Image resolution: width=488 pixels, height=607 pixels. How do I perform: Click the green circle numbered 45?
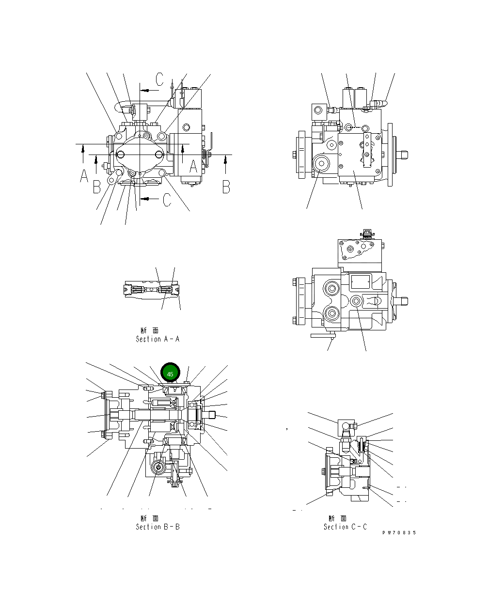pyautogui.click(x=170, y=374)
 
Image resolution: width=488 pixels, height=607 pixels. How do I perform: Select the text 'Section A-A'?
pyautogui.click(x=157, y=339)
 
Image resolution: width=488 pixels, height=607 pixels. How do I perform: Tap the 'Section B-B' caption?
pyautogui.click(x=157, y=527)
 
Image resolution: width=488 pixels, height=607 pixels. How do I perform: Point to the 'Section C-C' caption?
pyautogui.click(x=345, y=527)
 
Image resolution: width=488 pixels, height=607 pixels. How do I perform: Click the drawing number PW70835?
pyautogui.click(x=398, y=533)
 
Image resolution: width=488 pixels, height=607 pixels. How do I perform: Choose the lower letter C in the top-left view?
pyautogui.click(x=167, y=200)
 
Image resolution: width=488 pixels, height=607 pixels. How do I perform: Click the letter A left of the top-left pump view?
pyautogui.click(x=84, y=176)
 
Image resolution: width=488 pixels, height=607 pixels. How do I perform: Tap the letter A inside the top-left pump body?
pyautogui.click(x=193, y=167)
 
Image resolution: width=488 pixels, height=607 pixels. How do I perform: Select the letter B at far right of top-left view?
pyautogui.click(x=226, y=187)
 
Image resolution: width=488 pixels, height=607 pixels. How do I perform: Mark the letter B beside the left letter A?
pyautogui.click(x=97, y=187)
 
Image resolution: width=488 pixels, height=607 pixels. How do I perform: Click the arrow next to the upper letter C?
pyautogui.click(x=150, y=90)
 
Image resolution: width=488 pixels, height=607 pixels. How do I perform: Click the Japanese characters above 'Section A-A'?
pyautogui.click(x=150, y=330)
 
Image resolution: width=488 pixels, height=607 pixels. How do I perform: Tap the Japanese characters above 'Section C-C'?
pyautogui.click(x=338, y=518)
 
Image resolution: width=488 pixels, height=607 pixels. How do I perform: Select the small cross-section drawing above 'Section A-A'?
pyautogui.click(x=152, y=290)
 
